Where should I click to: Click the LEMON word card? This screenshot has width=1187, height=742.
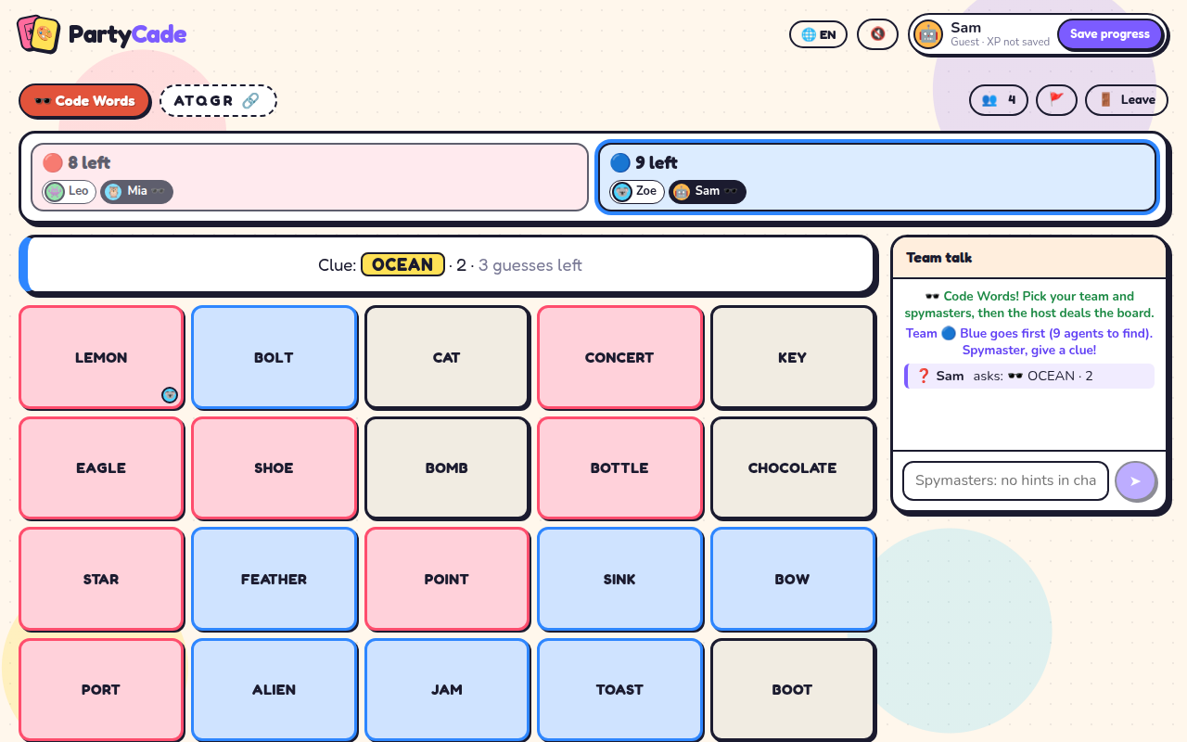click(x=101, y=358)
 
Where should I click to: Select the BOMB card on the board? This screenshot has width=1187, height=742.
click(x=447, y=468)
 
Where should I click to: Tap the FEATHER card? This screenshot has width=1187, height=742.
click(x=274, y=580)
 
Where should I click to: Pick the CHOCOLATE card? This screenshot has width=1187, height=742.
click(x=793, y=468)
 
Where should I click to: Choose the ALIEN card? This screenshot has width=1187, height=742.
click(x=274, y=689)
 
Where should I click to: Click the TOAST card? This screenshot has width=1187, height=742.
click(x=620, y=689)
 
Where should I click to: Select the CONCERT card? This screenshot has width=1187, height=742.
click(x=620, y=358)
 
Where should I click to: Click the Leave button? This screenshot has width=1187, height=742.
click(x=1127, y=100)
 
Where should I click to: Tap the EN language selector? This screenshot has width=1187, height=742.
click(x=818, y=34)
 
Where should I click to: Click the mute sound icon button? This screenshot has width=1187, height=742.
click(x=877, y=34)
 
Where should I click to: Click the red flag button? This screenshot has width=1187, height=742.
click(x=1056, y=100)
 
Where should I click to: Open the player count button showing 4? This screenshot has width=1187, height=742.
click(x=999, y=100)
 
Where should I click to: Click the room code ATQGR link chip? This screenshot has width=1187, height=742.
click(x=218, y=101)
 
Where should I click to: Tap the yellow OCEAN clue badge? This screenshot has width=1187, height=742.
click(x=402, y=264)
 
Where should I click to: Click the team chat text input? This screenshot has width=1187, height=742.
click(x=1005, y=480)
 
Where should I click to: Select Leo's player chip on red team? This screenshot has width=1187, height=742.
click(x=70, y=191)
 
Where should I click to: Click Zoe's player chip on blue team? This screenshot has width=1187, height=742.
click(x=637, y=191)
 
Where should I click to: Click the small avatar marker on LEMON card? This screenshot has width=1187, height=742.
click(x=170, y=395)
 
